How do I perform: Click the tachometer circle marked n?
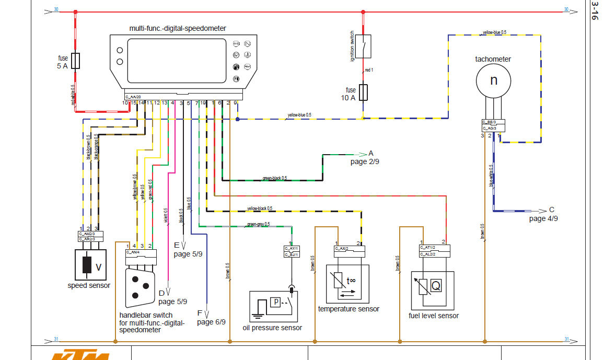[493, 80]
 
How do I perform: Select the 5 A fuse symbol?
[76, 61]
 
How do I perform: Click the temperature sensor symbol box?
[347, 284]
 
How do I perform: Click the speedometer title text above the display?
[177, 28]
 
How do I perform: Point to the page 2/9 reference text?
[365, 162]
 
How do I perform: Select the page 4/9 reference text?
[543, 219]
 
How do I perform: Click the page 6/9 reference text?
[211, 322]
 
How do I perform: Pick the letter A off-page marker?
[371, 154]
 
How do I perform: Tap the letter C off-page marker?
[552, 210]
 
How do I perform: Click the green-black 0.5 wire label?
[275, 178]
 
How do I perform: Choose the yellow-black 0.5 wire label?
[259, 208]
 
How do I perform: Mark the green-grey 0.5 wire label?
[259, 225]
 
